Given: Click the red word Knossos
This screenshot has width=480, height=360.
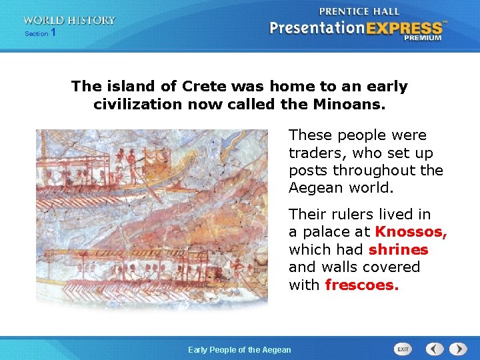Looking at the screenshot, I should coord(410,232).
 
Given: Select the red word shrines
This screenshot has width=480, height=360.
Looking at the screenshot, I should coord(398,249).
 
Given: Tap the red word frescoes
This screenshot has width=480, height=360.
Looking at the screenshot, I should coord(361,285).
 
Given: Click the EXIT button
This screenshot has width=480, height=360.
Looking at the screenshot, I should coord(403,349).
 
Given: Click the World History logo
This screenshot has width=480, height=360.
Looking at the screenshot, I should coord(69,21).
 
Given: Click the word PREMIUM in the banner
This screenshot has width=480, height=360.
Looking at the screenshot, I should coord(423,39).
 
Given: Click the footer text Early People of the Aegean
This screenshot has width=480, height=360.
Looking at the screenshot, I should coord(239,349).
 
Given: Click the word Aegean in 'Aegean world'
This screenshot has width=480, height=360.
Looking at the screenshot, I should coord(315,188).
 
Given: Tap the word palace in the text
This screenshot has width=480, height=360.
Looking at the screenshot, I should coord(326,232).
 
